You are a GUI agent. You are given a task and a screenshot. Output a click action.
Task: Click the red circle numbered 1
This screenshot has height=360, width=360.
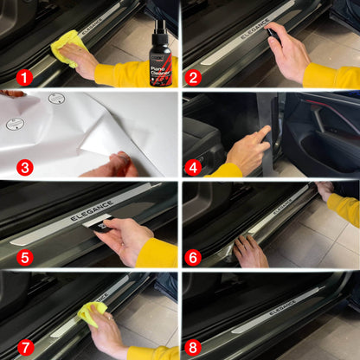(x=24, y=77)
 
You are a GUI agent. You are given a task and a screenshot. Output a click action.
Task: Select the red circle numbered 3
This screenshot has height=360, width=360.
(x=24, y=167)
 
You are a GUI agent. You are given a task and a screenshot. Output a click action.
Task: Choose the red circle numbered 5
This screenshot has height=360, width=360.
(x=24, y=257)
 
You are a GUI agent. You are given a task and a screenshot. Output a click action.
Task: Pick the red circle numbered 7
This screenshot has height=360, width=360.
(x=24, y=347)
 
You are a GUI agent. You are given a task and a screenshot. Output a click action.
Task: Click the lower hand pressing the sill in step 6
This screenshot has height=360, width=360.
(x=251, y=251)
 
